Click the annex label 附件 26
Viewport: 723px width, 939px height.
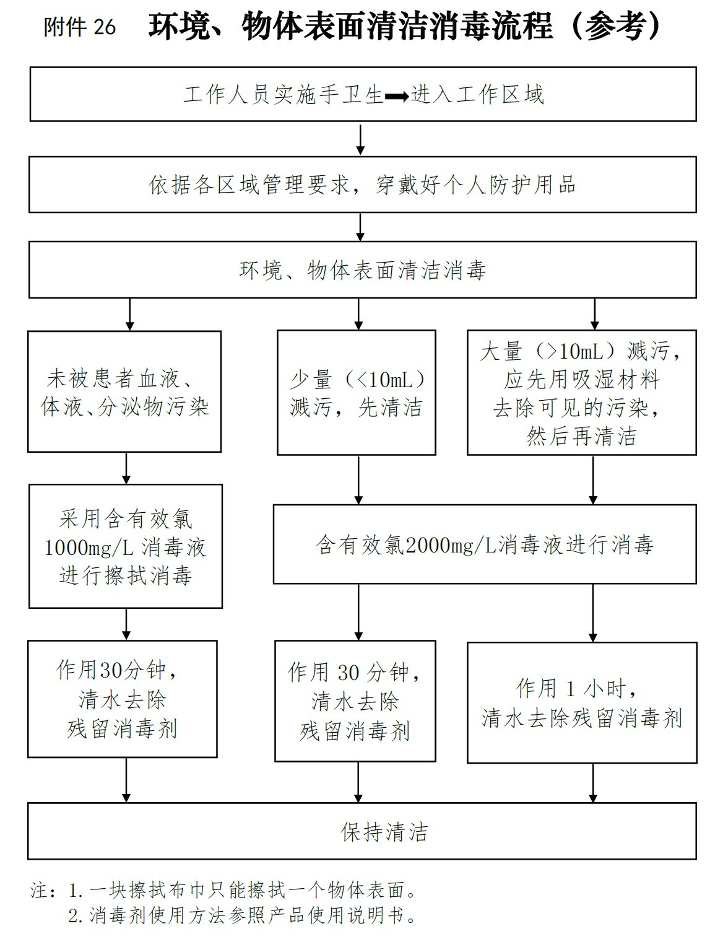click(x=80, y=27)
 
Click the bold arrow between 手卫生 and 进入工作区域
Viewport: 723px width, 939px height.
click(x=397, y=96)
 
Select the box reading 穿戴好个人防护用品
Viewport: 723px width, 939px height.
click(x=362, y=185)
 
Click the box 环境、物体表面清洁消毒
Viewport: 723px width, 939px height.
click(x=362, y=270)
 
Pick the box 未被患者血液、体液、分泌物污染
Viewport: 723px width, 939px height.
click(x=124, y=391)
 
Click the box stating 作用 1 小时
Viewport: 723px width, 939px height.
click(x=581, y=702)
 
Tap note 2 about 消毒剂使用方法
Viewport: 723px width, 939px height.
click(x=241, y=915)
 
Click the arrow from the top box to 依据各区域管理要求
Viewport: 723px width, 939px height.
click(x=361, y=140)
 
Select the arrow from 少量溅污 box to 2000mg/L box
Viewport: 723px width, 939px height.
click(x=358, y=481)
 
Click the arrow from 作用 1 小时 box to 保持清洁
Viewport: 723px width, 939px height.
click(x=593, y=783)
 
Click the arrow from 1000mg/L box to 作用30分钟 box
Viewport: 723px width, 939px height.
click(x=126, y=624)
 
